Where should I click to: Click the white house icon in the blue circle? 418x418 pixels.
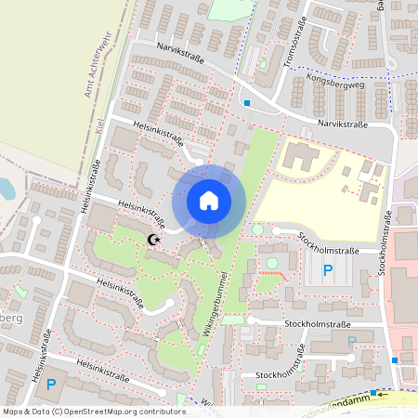click(209, 200)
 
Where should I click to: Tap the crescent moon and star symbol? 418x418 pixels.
click(154, 241)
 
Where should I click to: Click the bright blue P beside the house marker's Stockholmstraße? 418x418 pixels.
click(327, 270)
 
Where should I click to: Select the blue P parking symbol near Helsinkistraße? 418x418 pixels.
click(51, 384)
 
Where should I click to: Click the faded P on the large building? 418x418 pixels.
click(351, 342)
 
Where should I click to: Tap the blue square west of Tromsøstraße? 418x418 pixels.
click(247, 102)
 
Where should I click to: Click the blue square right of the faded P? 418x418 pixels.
click(395, 360)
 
